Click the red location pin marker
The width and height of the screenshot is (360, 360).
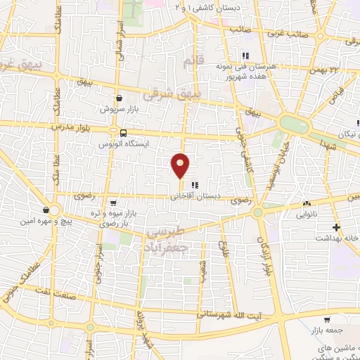181,166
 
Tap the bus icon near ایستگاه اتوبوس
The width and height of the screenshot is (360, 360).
124,133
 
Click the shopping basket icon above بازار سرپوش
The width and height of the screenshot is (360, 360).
119,98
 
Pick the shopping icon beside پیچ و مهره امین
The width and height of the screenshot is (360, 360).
46,210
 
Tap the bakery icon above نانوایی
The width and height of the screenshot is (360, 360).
307,205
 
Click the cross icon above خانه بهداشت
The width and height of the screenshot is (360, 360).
337,227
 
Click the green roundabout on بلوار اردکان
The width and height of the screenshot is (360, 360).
258,211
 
